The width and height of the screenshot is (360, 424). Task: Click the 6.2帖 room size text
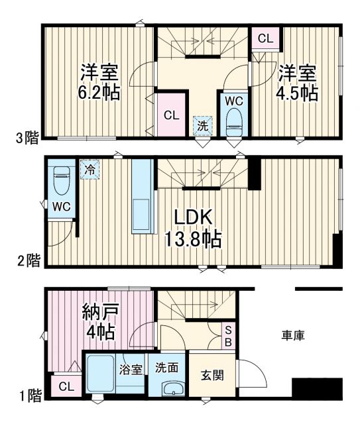coord(100,92)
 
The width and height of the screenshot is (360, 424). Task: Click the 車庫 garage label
coord(293,336)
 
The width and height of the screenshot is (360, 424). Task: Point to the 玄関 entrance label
coord(212,375)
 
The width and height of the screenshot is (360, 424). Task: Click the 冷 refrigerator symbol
coord(88,169)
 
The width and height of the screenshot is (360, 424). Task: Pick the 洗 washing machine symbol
coord(202,125)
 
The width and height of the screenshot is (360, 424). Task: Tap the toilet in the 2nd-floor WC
coord(62,180)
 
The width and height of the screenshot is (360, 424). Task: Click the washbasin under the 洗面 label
coord(174,390)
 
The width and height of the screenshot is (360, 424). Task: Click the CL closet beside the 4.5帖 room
coord(265,38)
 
